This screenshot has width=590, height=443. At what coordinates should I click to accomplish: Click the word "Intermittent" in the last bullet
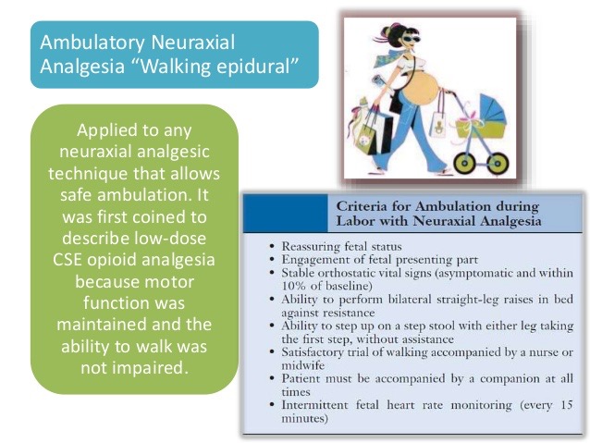(x=314, y=403)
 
